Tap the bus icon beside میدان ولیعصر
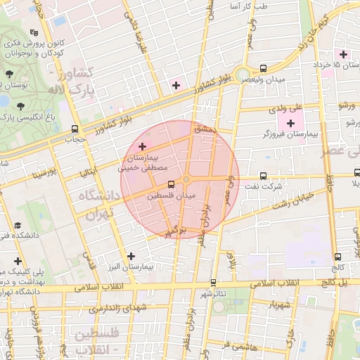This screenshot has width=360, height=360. pyautogui.click(x=263, y=69)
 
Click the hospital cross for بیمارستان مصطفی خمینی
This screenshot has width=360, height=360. pyautogui.click(x=143, y=146)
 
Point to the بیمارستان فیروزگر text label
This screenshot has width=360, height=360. pyautogui.click(x=286, y=134)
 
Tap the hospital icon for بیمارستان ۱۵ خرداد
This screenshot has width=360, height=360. pyautogui.click(x=343, y=54)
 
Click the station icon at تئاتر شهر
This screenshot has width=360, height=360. pyautogui.click(x=213, y=282)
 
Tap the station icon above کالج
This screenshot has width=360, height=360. pyautogui.click(x=339, y=257)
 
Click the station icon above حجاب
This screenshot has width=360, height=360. pyautogui.click(x=75, y=129)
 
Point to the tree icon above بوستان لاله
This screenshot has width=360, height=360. pyautogui.click(x=9, y=74)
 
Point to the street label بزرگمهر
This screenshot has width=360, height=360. pyautogui.click(x=176, y=231)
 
